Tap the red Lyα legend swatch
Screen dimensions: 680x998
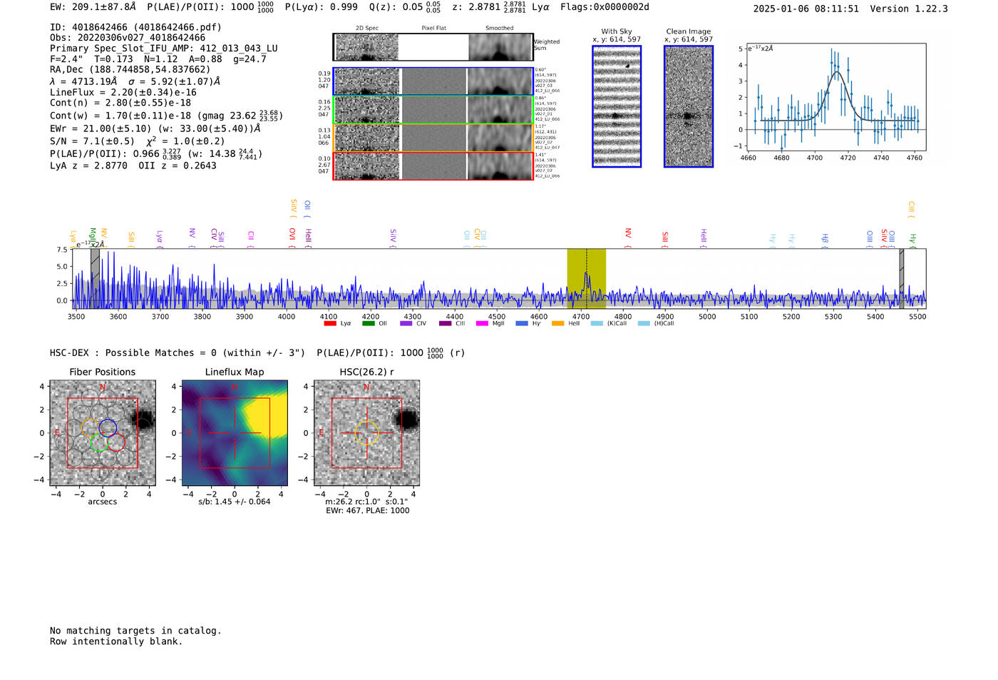click(x=330, y=324)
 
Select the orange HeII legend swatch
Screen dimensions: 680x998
click(x=557, y=324)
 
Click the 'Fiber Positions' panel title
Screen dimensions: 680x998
click(x=102, y=372)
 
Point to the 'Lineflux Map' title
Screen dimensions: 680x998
click(x=235, y=372)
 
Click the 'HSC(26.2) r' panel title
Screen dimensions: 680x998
click(x=366, y=372)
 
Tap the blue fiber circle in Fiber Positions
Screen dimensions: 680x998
click(x=108, y=427)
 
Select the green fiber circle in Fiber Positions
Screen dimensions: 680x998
click(x=99, y=443)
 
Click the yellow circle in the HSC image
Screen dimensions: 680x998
click(x=366, y=433)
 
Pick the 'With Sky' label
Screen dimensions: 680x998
click(x=617, y=31)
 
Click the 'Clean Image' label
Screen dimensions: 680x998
click(x=689, y=31)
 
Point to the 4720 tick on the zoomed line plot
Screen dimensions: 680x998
click(x=848, y=158)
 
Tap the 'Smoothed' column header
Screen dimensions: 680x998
click(x=500, y=29)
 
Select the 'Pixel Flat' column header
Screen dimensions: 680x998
click(x=433, y=29)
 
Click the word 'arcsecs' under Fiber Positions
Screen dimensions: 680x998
click(x=102, y=502)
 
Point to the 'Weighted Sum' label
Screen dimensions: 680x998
click(x=547, y=45)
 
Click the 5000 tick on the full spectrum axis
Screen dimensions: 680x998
click(x=707, y=316)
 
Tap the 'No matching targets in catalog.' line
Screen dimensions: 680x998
click(x=135, y=631)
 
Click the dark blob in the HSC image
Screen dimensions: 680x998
click(x=408, y=420)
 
